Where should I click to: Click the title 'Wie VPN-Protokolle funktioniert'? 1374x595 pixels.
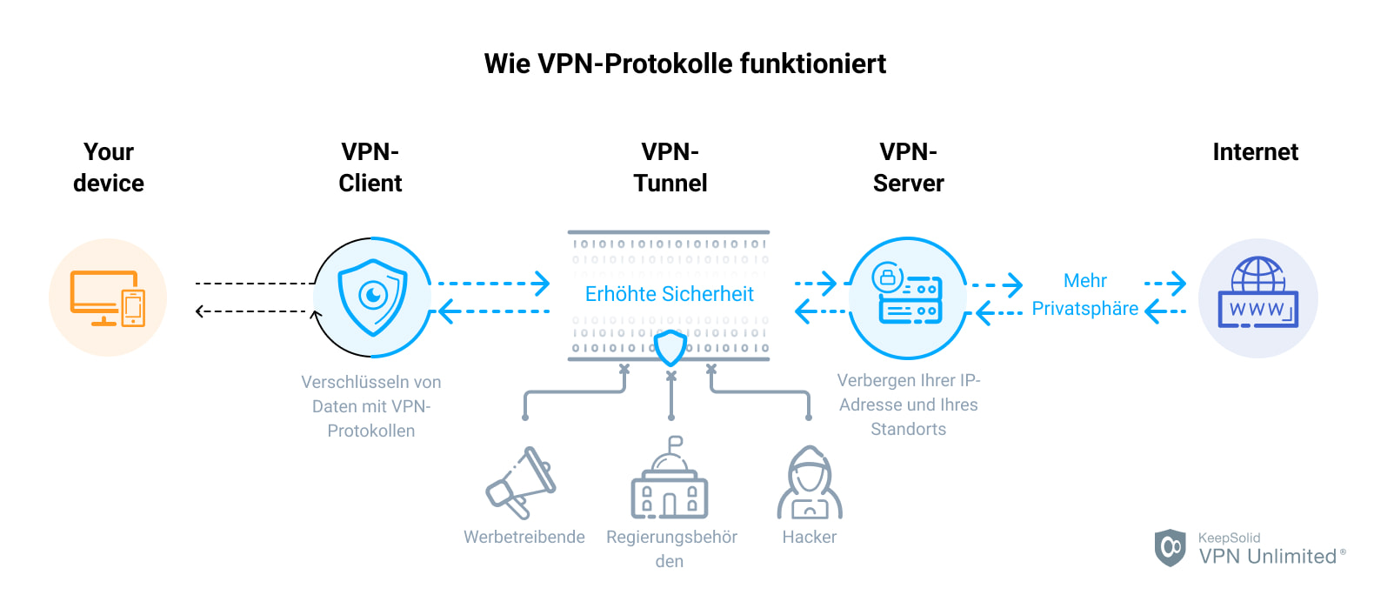(685, 64)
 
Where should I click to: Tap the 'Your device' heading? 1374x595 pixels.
(109, 167)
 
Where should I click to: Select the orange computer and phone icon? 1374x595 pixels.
(108, 297)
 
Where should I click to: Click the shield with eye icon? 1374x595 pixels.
(372, 297)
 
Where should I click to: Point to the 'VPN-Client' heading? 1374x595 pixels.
(370, 167)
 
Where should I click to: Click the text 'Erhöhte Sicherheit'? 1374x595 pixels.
(669, 294)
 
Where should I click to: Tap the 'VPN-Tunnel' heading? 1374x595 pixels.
(670, 167)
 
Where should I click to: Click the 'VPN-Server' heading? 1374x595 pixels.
(908, 167)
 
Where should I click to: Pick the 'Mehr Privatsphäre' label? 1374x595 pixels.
(1084, 294)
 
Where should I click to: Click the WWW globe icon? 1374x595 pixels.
(1257, 296)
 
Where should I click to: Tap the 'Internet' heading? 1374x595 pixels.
(1255, 152)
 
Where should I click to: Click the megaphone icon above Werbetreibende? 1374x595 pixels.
(522, 483)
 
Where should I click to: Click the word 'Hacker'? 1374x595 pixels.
(809, 537)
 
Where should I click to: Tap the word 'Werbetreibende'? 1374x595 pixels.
(524, 537)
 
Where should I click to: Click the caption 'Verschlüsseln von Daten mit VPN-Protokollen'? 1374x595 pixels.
(371, 406)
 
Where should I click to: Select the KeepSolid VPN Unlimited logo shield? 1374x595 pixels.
(1170, 548)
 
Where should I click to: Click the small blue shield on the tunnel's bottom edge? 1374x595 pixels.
(670, 348)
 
